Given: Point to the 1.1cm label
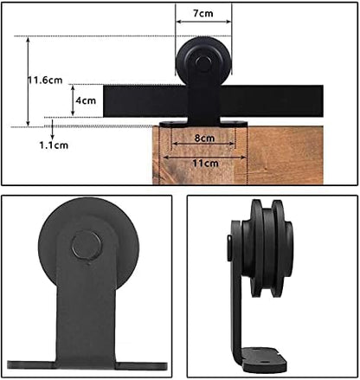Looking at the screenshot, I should click(55, 146).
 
